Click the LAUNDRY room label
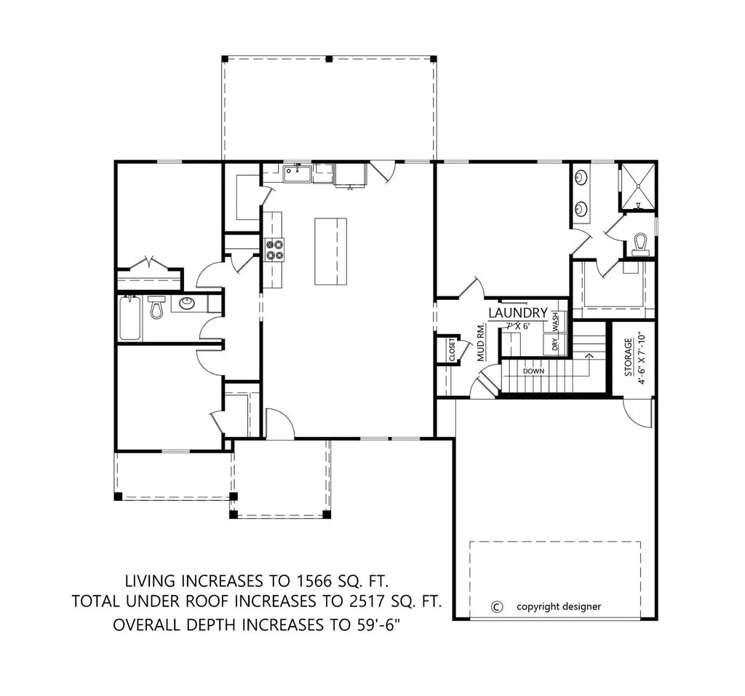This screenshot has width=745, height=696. coord(517,312)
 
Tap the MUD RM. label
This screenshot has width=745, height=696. coord(481,341)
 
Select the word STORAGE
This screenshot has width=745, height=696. coord(628,356)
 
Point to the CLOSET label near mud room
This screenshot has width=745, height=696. coord(452,349)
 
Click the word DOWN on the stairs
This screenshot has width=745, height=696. coord(533,371)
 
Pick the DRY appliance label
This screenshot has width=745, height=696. coord(554,344)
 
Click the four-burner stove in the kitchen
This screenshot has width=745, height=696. coord(274,250)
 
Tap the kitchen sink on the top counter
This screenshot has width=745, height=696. coord(297,173)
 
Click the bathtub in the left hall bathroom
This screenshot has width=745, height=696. coord(130,317)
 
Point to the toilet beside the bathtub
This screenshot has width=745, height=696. coord(156,309)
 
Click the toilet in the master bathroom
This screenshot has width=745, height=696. coord(640,243)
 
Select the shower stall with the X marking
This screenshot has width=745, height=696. coord(637,186)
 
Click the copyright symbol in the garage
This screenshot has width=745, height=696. coord(497,606)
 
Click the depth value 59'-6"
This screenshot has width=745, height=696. coord(393,625)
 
